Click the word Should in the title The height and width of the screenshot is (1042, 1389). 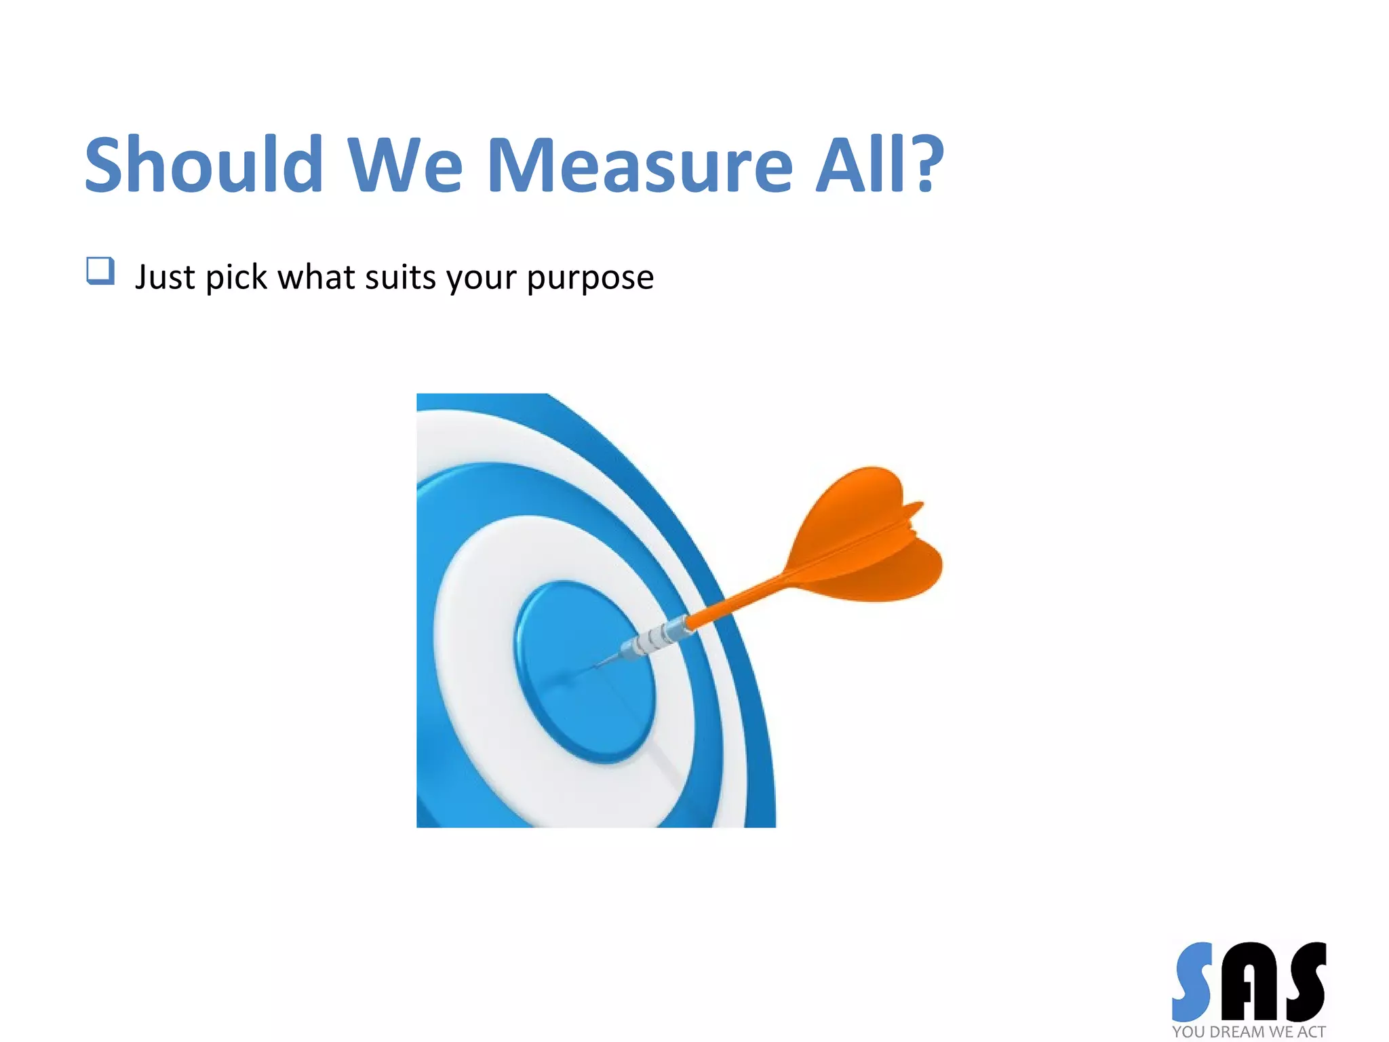pos(203,164)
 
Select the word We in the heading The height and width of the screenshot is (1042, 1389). pos(405,164)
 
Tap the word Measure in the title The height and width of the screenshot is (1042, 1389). pos(640,164)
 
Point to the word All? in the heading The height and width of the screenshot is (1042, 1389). pos(880,164)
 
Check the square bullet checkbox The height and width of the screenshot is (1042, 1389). pos(100,271)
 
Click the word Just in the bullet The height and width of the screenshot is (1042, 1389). pos(165,277)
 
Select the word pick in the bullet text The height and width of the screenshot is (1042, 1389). pos(236,277)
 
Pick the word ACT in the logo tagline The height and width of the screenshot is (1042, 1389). pos(1311,1032)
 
